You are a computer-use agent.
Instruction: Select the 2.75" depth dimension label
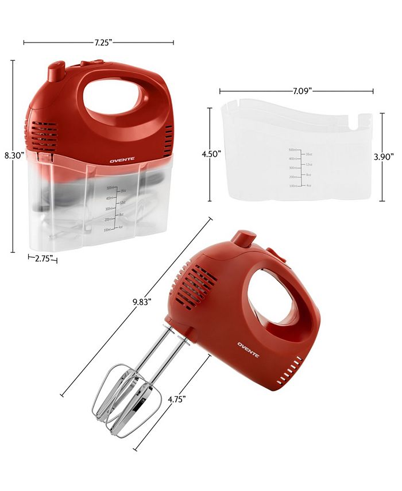tap(43, 259)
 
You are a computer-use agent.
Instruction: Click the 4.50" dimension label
tap(210, 154)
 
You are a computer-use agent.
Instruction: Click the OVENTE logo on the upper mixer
tap(120, 161)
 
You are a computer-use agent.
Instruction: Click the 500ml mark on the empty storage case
tap(292, 149)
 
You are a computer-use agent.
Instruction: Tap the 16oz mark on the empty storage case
tap(309, 154)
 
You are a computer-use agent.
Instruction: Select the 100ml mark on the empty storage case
tap(292, 185)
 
